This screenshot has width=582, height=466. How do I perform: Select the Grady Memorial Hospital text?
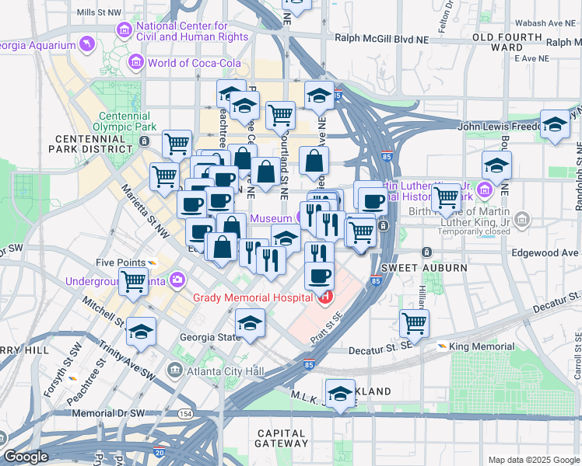(x=253, y=297)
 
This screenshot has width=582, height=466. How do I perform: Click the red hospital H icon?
(x=324, y=297)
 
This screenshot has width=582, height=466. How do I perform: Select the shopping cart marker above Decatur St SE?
(x=414, y=322)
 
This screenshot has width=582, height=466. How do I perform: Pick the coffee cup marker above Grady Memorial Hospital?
(x=318, y=276)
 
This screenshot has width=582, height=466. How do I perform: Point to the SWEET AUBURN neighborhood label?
(x=436, y=268)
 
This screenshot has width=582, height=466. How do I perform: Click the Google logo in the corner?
(x=26, y=457)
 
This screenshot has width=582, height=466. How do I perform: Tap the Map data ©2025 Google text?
(x=533, y=460)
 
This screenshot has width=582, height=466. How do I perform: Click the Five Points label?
(x=115, y=263)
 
